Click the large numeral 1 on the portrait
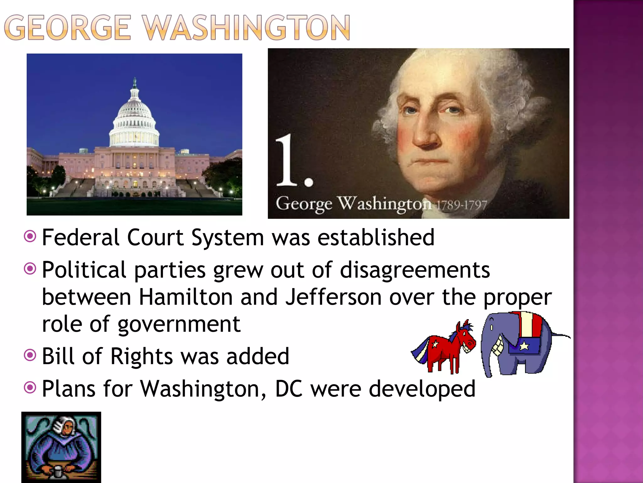pos(287,160)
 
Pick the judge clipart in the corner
pos(61,447)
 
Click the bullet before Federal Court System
pos(30,236)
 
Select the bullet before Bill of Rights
pos(30,355)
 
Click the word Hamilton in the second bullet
pos(185,297)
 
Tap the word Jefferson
pos(333,297)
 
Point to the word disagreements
pos(415,270)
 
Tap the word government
pos(179,325)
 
